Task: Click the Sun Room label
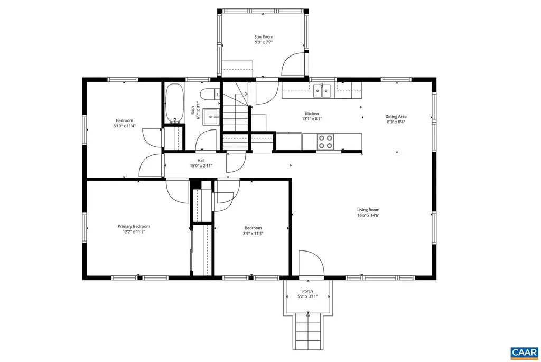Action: (x=264, y=37)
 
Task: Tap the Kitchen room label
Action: (x=312, y=114)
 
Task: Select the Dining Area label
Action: (x=396, y=117)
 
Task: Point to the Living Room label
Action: (x=368, y=210)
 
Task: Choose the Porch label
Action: (x=307, y=291)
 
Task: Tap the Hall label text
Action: (x=201, y=161)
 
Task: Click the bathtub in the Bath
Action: (x=174, y=103)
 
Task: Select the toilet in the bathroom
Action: (x=208, y=95)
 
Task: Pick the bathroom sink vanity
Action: (x=212, y=115)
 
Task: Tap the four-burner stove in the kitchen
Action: (x=325, y=142)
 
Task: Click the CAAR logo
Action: (x=524, y=352)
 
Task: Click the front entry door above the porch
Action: (x=311, y=264)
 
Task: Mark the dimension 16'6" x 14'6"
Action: (x=368, y=215)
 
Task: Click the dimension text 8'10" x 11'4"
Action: (x=125, y=126)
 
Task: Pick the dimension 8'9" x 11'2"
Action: (x=253, y=233)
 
